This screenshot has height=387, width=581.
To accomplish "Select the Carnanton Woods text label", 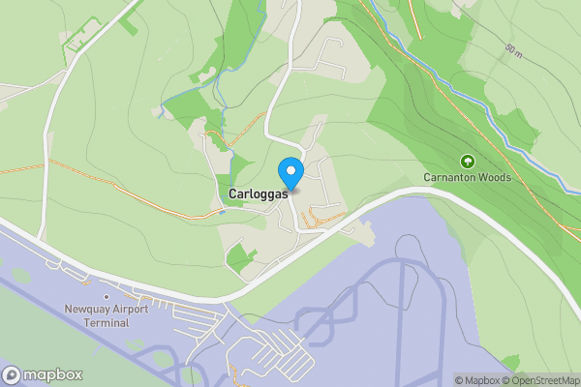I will [x=467, y=177].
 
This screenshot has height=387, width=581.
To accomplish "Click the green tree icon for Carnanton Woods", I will [x=467, y=161].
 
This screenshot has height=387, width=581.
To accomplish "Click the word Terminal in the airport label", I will [x=106, y=322].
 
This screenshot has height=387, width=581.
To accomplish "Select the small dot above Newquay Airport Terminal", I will [x=106, y=297].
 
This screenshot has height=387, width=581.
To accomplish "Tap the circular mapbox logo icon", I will [x=12, y=373].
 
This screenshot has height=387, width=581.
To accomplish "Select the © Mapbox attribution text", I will [x=478, y=380].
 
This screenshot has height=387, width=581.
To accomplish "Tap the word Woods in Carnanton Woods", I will [x=494, y=177].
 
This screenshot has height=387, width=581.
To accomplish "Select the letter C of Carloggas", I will [x=233, y=194].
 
